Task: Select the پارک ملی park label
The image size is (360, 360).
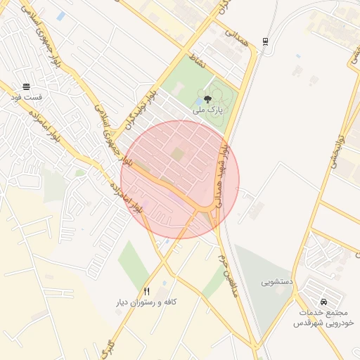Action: tap(209, 110)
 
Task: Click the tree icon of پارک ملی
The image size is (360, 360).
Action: tap(207, 100)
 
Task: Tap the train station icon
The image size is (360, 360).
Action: tap(264, 40)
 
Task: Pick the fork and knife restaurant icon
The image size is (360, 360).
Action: tap(146, 291)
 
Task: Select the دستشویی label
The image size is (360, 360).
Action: tap(277, 283)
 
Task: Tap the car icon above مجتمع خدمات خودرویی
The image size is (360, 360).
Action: tap(323, 292)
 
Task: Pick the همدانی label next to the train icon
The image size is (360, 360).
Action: tap(235, 40)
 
